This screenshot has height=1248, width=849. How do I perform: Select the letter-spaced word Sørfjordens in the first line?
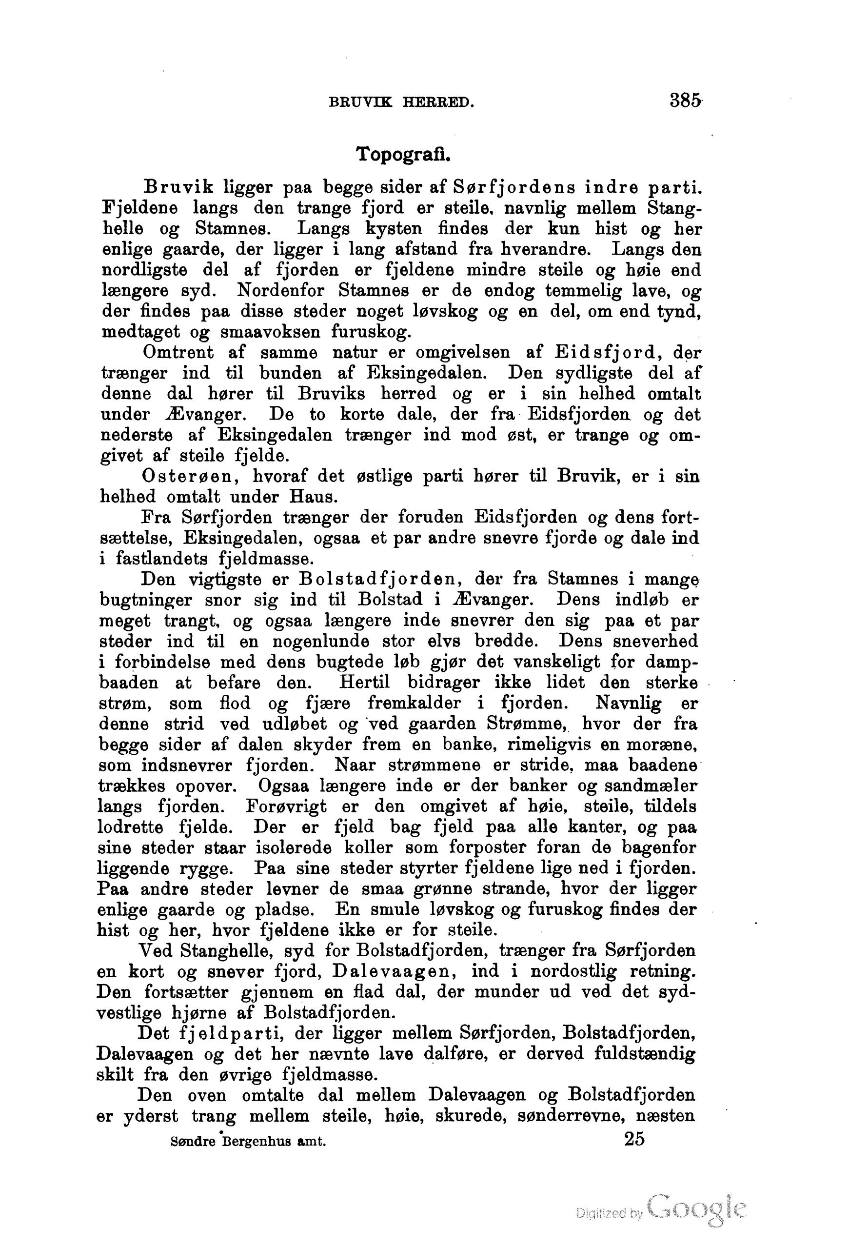coord(514,187)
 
